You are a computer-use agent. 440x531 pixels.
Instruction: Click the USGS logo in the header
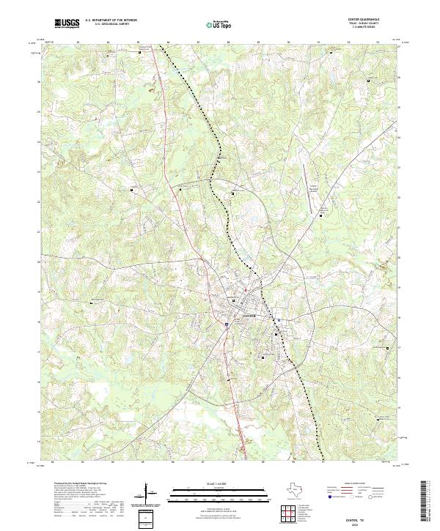(x=67, y=23)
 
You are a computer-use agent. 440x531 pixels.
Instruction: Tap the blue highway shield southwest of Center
(x=228, y=322)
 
